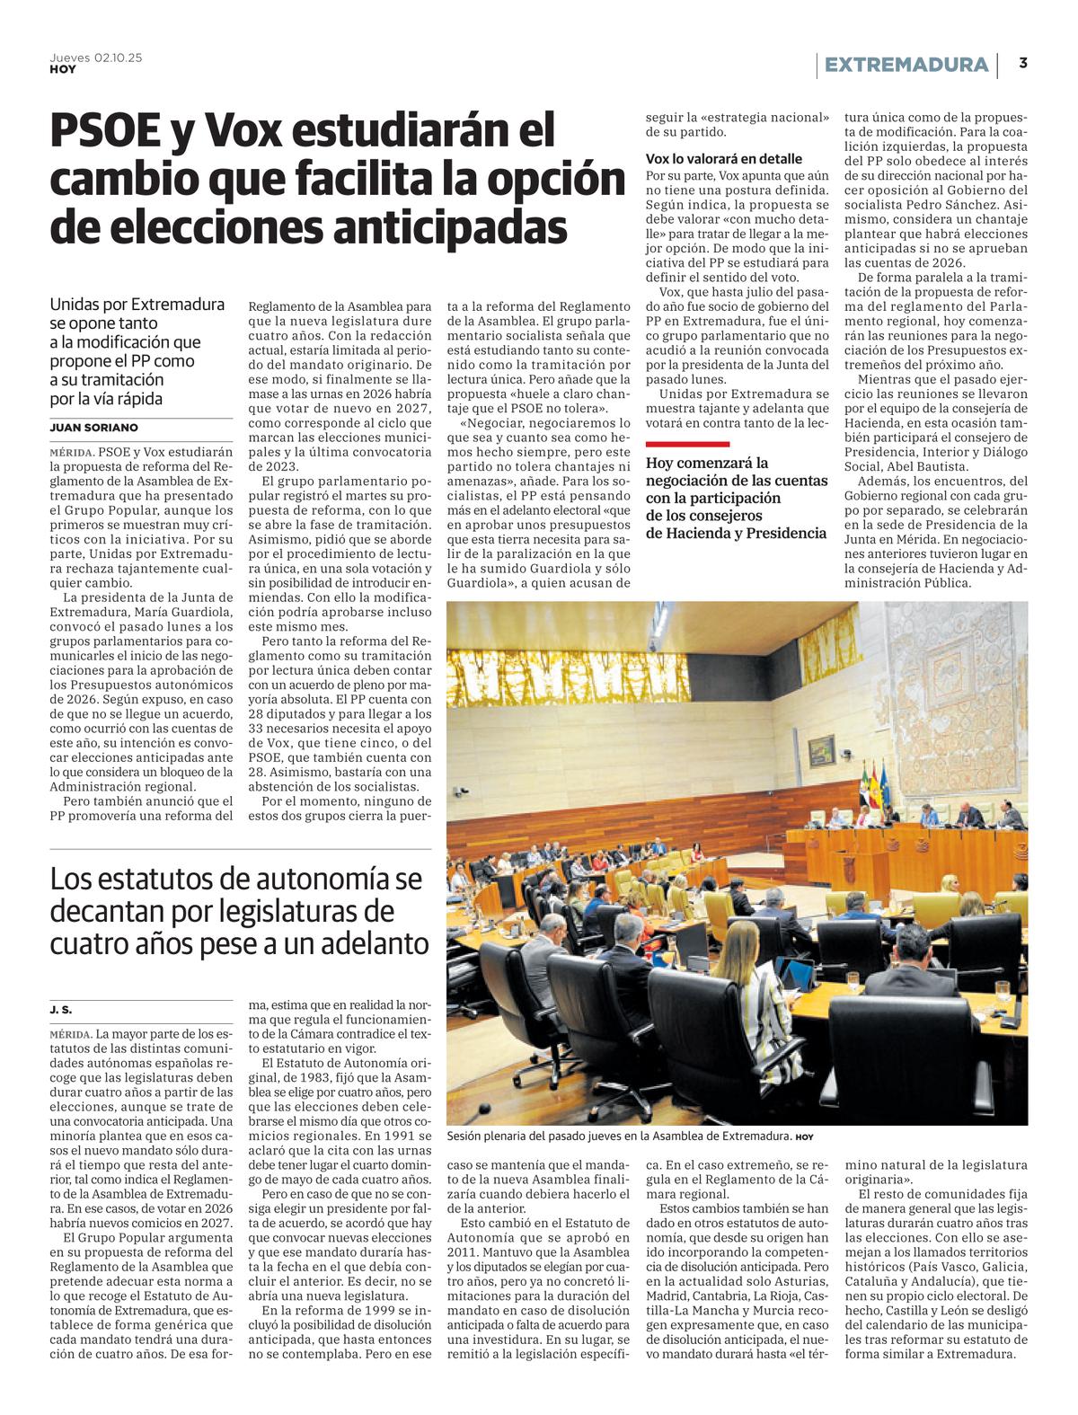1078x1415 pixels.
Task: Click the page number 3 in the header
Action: tap(1023, 63)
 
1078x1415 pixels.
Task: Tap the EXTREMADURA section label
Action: tap(906, 65)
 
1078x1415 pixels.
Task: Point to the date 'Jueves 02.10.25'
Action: tap(95, 57)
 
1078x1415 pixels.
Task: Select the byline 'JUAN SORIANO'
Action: tap(93, 428)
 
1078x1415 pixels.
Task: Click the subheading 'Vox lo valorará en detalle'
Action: tap(724, 159)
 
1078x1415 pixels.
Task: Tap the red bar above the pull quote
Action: tap(687, 444)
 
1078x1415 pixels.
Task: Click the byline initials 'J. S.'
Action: tap(61, 1010)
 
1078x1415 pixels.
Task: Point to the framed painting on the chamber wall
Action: tap(821, 749)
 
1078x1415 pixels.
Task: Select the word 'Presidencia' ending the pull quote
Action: tap(782, 533)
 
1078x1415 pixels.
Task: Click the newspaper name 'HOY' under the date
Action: tap(63, 69)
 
